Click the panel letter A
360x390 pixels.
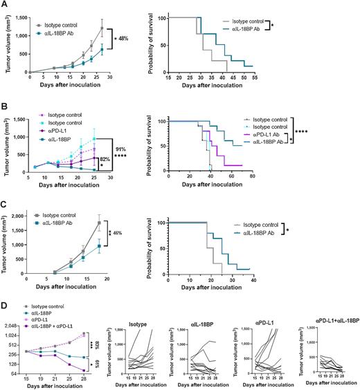click(4, 4)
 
